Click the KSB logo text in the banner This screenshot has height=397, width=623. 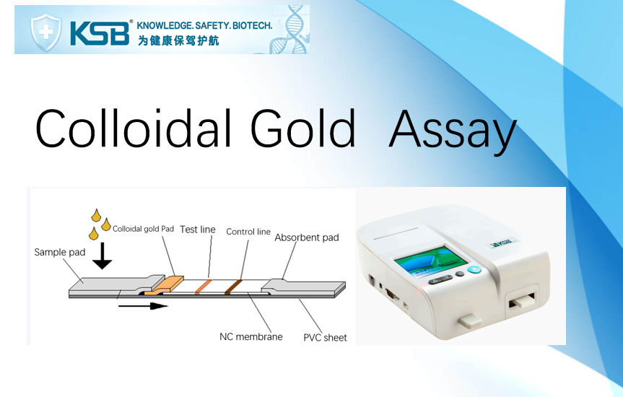[x=100, y=33]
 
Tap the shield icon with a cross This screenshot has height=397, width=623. [x=46, y=32]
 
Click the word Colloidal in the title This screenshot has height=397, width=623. [x=133, y=128]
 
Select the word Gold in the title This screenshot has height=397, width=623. [x=302, y=128]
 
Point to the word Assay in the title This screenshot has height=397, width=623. [x=453, y=131]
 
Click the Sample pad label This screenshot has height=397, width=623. [x=60, y=253]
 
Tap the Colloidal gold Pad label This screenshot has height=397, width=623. [x=144, y=229]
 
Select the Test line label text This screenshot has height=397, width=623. [x=198, y=230]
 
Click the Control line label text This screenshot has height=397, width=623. [x=248, y=232]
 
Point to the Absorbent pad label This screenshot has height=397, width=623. [x=307, y=237]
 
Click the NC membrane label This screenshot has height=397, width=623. [x=251, y=336]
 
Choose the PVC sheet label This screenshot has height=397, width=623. [x=325, y=337]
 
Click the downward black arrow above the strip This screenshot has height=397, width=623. [x=102, y=256]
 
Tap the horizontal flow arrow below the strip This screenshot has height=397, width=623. [x=143, y=305]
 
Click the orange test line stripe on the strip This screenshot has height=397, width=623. [x=204, y=287]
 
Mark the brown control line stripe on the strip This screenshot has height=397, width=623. [x=234, y=287]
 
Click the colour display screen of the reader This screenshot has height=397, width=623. [x=430, y=262]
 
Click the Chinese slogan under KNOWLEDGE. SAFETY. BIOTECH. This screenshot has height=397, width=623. [x=178, y=40]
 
